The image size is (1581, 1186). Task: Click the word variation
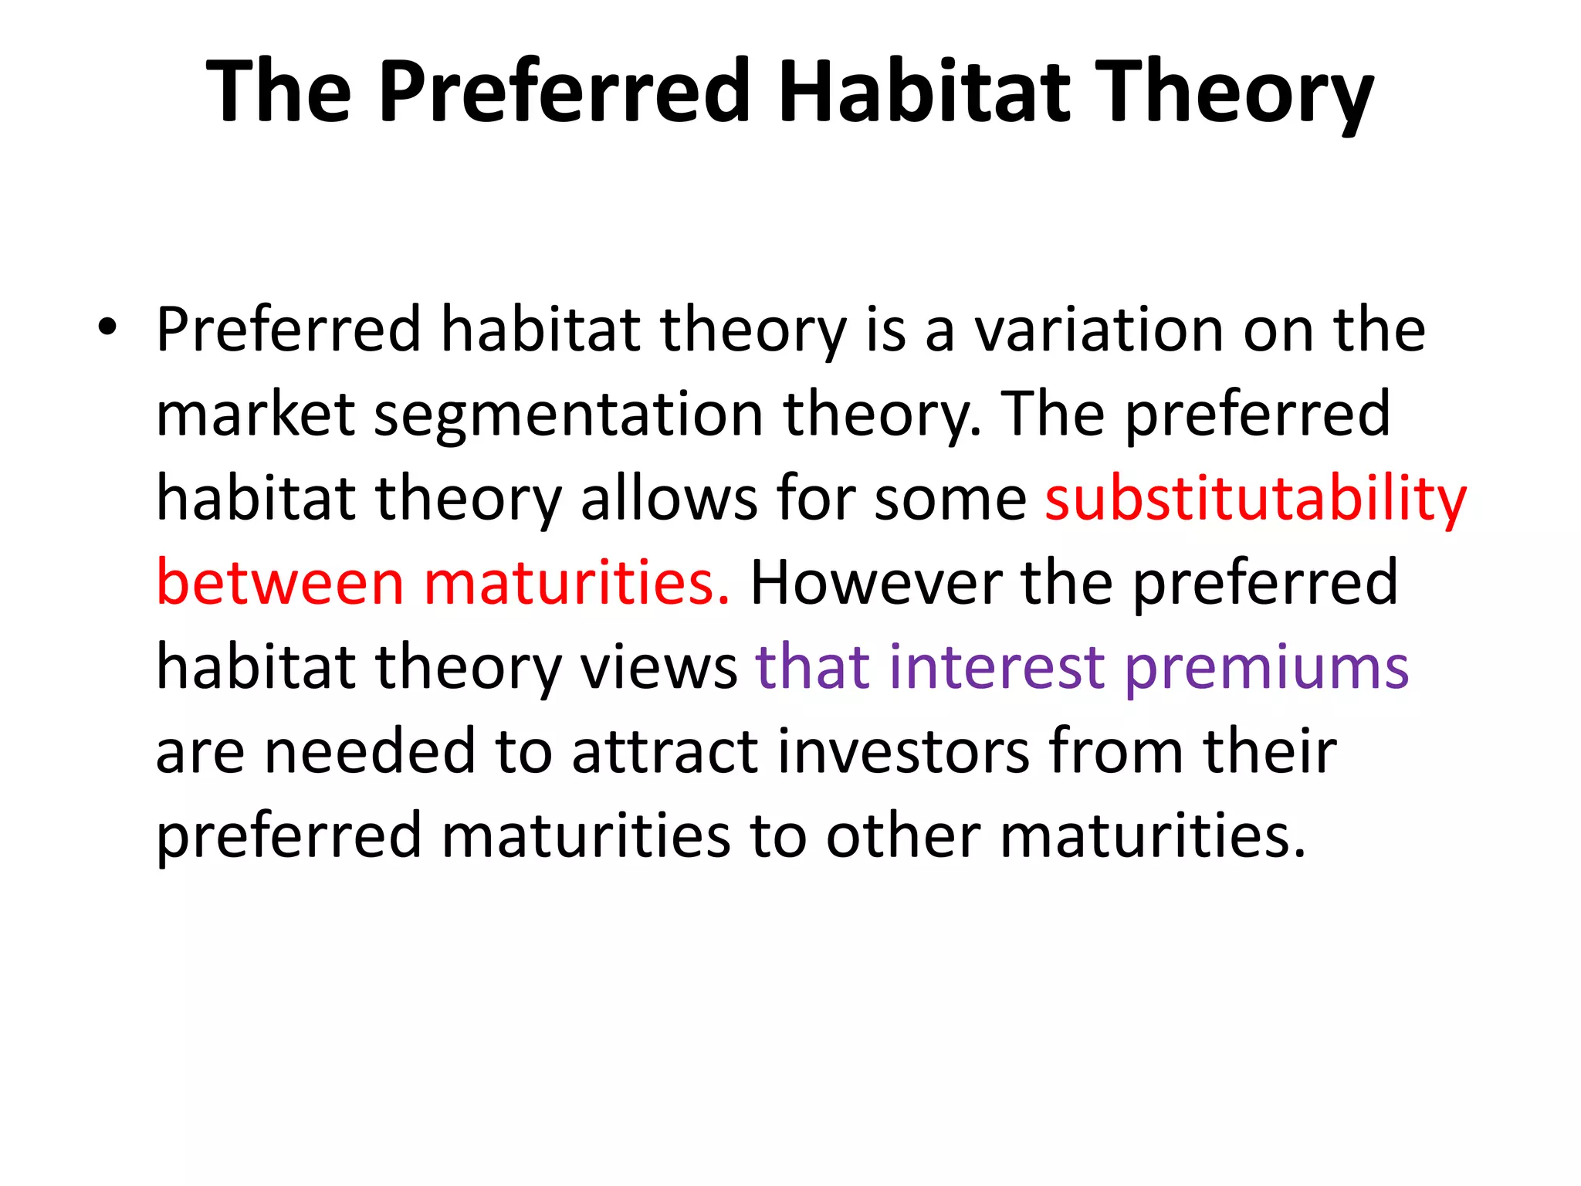point(1099,330)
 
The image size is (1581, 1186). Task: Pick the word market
point(256,414)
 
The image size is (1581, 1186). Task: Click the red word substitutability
point(1255,500)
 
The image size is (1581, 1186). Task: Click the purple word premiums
point(1266,669)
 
